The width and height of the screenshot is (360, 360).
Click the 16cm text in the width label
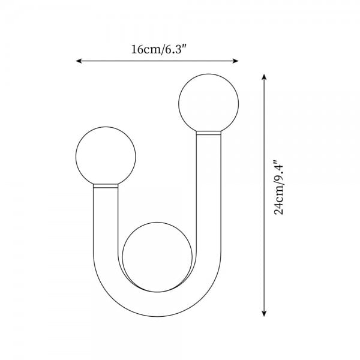pos(145,50)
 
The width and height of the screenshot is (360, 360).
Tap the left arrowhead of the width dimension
pos(79,61)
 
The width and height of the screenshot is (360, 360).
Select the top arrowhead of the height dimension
pos(265,77)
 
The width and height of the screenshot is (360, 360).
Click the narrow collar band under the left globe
pos(106,187)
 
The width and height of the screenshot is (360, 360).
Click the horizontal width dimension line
pos(157,61)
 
